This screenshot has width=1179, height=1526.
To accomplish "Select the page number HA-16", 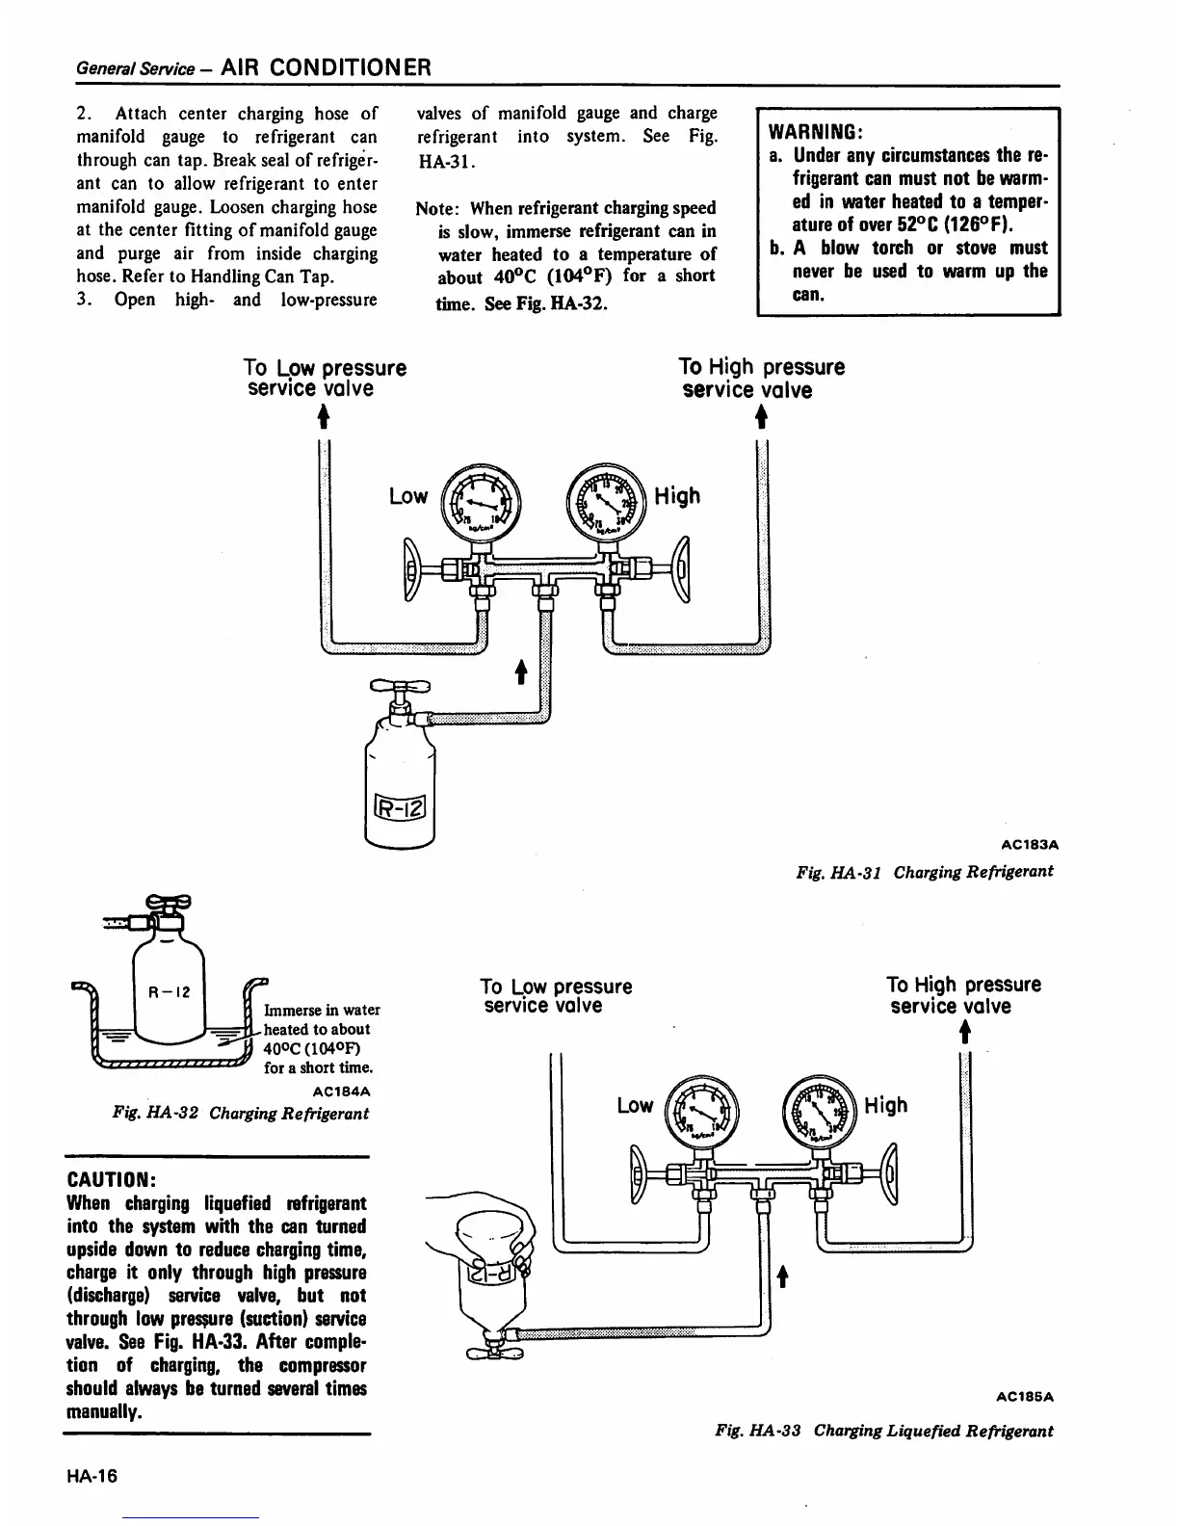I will [92, 1476].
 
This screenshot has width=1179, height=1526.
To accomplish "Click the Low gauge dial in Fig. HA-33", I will [701, 1110].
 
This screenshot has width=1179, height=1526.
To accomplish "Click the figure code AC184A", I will [342, 1092].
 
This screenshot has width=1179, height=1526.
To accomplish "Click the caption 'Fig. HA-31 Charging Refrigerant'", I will [924, 871].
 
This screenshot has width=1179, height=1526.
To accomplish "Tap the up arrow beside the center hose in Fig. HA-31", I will [521, 671].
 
